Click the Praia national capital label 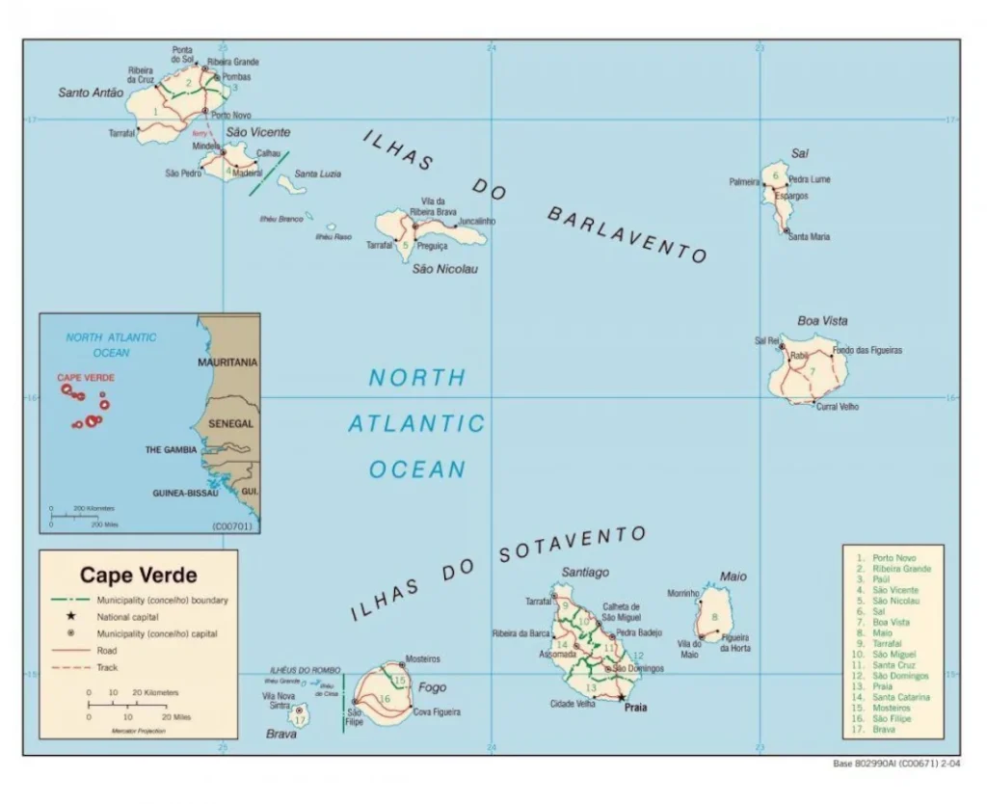pos(635,708)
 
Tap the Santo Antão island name pos(91,93)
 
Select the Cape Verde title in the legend pos(138,576)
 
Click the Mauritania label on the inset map pos(227,362)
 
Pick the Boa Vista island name pos(822,320)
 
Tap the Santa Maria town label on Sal pos(809,236)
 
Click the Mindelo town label pos(206,146)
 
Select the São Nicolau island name pos(444,269)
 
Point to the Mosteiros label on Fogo pos(422,658)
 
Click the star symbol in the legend pos(70,616)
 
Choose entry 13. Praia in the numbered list pos(882,686)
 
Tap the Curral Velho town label pos(837,407)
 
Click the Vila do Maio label pos(688,650)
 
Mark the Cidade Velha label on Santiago pos(573,704)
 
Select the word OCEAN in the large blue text pos(417,469)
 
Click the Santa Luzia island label pos(317,174)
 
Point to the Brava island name pos(280,734)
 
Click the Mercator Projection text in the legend pos(140,731)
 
